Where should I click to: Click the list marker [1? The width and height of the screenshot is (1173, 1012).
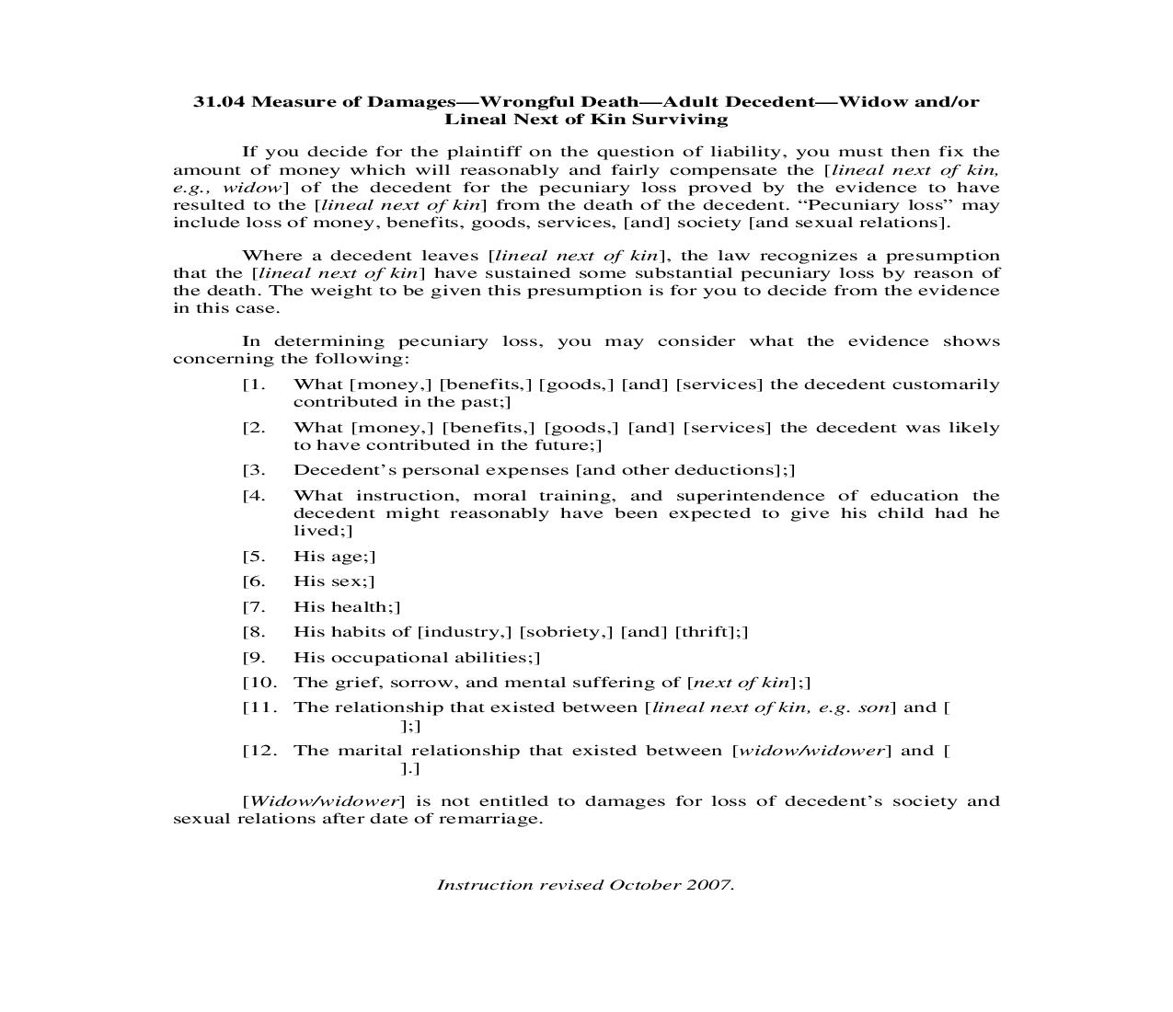pyautogui.click(x=254, y=385)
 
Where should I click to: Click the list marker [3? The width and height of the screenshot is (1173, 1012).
pyautogui.click(x=254, y=470)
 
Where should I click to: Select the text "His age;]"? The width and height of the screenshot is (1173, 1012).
pyautogui.click(x=334, y=557)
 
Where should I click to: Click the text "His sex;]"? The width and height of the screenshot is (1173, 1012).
pyautogui.click(x=333, y=581)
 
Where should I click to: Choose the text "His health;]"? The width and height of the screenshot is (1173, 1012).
pyautogui.click(x=346, y=607)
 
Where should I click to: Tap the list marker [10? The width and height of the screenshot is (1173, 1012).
pyautogui.click(x=259, y=683)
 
